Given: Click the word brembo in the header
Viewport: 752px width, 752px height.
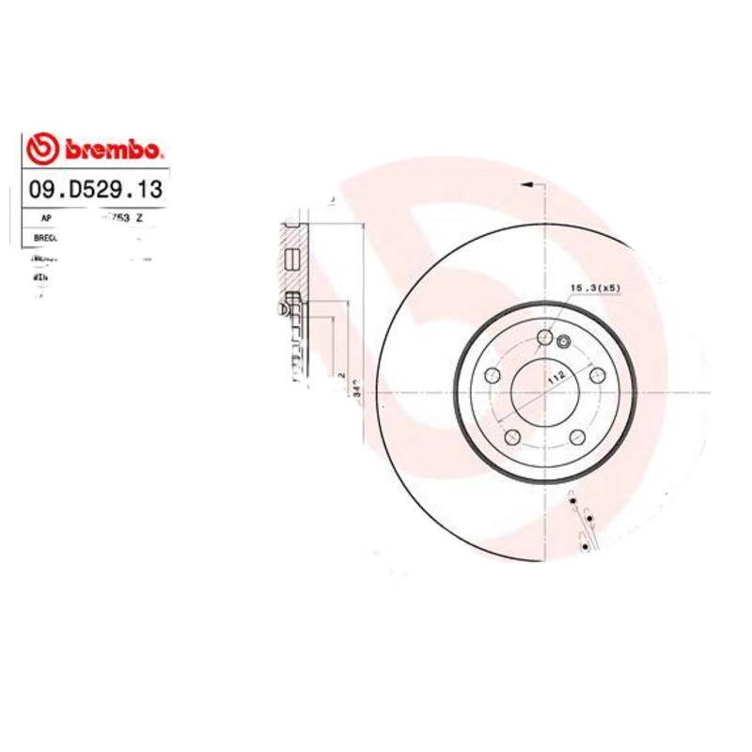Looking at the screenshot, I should pyautogui.click(x=113, y=150).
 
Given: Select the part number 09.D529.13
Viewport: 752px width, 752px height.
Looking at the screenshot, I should pyautogui.click(x=96, y=190).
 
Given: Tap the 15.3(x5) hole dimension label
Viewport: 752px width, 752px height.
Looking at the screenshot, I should pyautogui.click(x=595, y=288).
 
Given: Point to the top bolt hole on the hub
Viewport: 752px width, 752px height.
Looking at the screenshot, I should pyautogui.click(x=544, y=337).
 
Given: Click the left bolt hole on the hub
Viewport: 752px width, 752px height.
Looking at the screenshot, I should pyautogui.click(x=491, y=375).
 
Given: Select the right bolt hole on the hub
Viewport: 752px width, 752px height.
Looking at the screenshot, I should pyautogui.click(x=597, y=375).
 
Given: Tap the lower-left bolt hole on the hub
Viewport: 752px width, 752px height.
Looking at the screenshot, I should pyautogui.click(x=512, y=437).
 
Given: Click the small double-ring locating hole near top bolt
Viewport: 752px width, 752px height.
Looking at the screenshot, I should pyautogui.click(x=564, y=341).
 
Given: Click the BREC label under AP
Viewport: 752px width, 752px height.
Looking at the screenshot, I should pyautogui.click(x=45, y=238).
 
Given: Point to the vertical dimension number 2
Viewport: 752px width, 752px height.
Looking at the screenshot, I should pyautogui.click(x=340, y=374).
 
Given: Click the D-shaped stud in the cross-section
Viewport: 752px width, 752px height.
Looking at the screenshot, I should pyautogui.click(x=284, y=305).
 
